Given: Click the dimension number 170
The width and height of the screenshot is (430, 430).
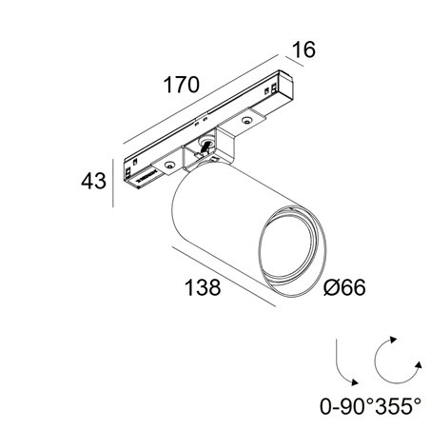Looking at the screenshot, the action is point(181,85).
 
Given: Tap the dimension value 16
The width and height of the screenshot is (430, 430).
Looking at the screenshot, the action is point(303,49).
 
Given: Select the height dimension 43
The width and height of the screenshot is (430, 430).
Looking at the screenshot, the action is point(93,181).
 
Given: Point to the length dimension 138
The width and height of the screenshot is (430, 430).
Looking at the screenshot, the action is point(203,287).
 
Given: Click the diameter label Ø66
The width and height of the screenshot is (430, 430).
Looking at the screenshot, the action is point(344,287).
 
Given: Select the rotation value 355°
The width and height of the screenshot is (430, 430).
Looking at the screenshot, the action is point(398,406).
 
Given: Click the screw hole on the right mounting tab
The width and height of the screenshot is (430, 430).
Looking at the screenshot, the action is point(245,120).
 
